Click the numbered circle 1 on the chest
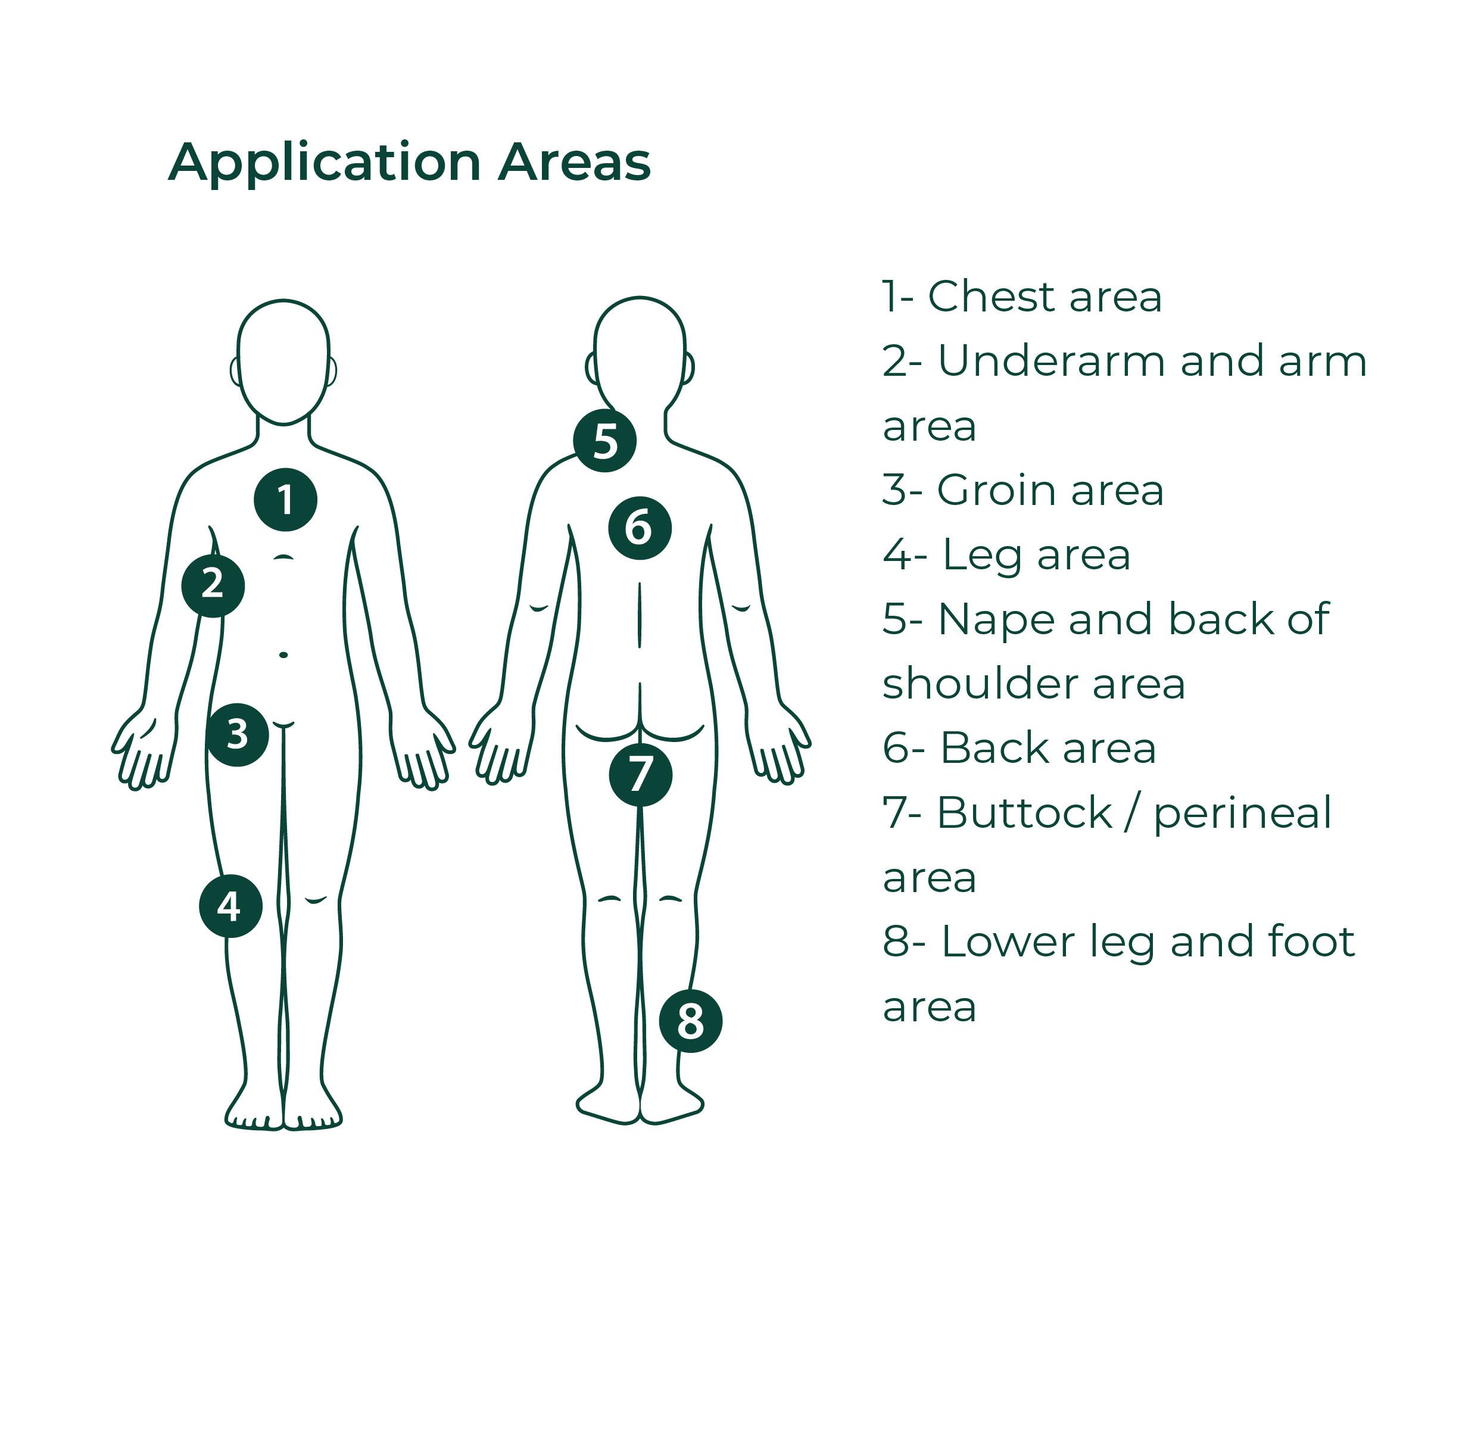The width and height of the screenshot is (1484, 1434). (x=285, y=500)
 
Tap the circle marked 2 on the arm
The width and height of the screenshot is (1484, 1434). (x=213, y=585)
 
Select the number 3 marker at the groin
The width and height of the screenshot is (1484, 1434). (x=237, y=734)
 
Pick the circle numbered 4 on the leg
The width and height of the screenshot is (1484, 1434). (x=230, y=906)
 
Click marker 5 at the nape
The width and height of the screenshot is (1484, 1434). (x=604, y=441)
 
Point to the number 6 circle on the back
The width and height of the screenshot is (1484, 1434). (x=640, y=528)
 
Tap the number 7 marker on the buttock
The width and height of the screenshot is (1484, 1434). (x=641, y=775)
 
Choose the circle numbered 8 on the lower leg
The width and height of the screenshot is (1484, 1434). (x=691, y=1021)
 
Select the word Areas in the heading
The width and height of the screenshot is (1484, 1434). (x=575, y=162)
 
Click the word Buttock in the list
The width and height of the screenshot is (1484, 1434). (x=1024, y=813)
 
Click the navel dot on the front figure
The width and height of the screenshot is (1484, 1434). (x=283, y=654)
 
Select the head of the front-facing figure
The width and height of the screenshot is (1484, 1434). (x=283, y=362)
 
